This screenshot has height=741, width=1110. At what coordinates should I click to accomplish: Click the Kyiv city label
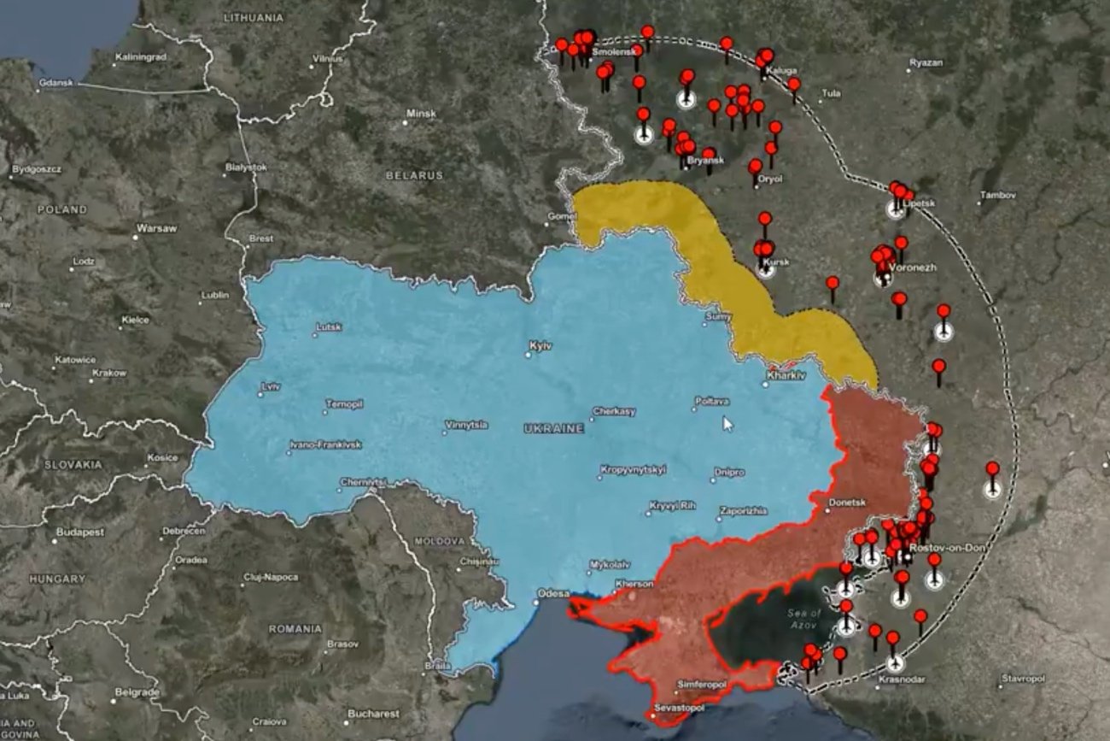coord(541,344)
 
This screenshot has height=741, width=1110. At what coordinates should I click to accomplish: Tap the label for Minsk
coord(421,113)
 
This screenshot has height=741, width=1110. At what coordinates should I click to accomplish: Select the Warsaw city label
coord(157,229)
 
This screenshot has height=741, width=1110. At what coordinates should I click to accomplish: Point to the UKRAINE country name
coord(554,428)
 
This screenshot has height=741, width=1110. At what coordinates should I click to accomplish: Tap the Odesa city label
coord(554,593)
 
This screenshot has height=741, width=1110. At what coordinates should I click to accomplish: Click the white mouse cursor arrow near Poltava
coord(727,423)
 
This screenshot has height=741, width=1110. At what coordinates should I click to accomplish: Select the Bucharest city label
coord(373,714)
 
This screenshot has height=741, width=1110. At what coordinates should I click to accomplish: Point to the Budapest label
coord(80,532)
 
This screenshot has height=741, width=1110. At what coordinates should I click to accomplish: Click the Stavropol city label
coord(1023,679)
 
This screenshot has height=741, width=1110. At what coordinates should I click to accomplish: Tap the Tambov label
coord(998,195)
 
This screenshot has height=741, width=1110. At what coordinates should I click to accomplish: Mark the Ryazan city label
coord(926,62)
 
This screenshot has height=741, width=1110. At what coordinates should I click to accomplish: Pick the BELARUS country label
coord(414,175)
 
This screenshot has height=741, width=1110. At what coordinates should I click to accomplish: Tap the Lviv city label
coord(271,387)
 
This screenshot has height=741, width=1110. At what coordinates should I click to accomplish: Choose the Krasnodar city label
coord(902,681)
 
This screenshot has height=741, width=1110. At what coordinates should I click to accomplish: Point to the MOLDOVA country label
coord(441,541)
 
